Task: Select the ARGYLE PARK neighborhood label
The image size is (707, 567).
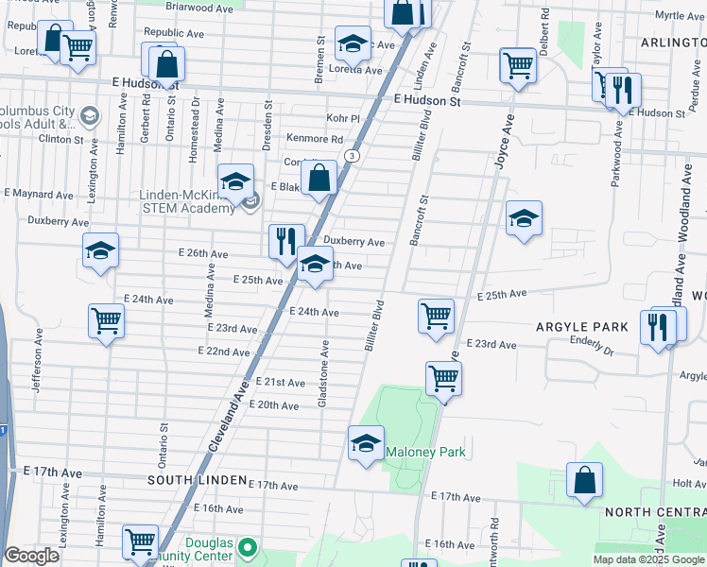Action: [582, 327]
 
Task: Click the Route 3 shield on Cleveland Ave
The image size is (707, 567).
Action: [352, 155]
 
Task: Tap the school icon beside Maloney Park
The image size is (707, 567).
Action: [366, 443]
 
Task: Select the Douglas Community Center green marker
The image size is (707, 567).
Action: [247, 547]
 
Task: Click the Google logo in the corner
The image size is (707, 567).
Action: [31, 556]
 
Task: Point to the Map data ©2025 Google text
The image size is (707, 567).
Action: [647, 559]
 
